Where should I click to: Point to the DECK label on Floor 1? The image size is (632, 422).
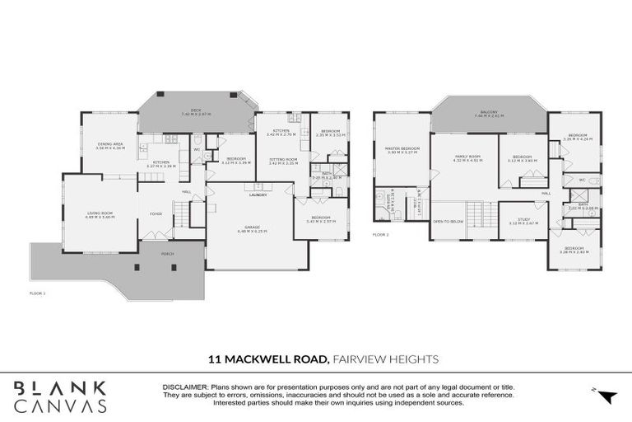[x=196, y=110]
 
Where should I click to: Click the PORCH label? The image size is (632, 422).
[x=167, y=255]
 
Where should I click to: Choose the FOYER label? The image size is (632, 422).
[x=156, y=214]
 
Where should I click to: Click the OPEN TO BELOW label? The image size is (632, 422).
[x=449, y=222]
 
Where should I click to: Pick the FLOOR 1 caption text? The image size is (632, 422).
[x=37, y=293]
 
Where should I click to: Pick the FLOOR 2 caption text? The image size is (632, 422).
[x=380, y=235]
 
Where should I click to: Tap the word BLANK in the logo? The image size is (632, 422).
[x=59, y=387]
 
